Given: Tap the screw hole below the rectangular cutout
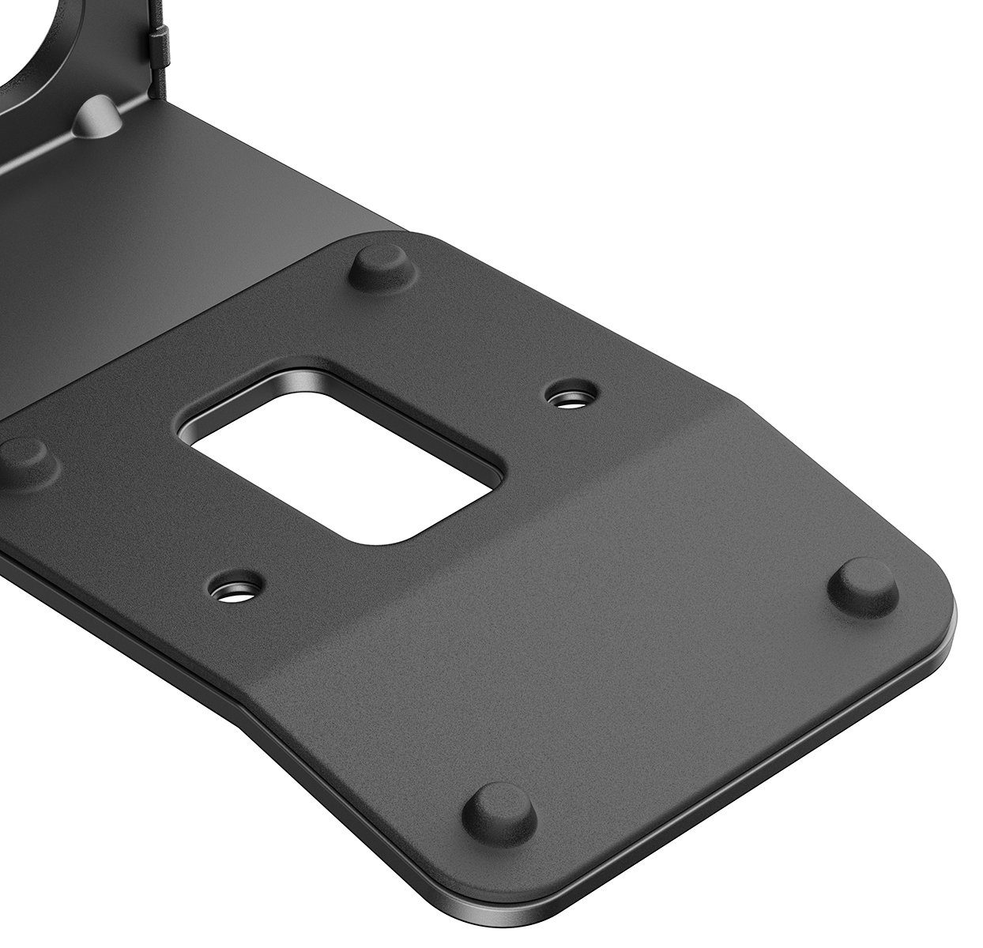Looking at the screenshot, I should [235, 588].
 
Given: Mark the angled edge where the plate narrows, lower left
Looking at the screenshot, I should [261, 727].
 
